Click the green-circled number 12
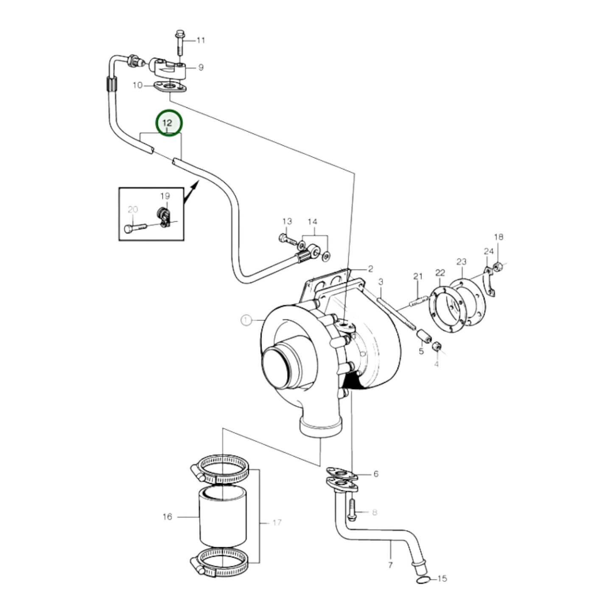click(168, 123)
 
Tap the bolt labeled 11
click(178, 42)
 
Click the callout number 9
click(201, 67)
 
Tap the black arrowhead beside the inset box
click(193, 186)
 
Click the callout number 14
click(312, 222)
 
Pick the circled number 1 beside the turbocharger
click(246, 320)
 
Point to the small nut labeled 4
click(437, 347)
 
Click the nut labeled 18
click(498, 266)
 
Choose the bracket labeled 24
click(490, 282)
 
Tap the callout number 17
click(277, 523)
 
